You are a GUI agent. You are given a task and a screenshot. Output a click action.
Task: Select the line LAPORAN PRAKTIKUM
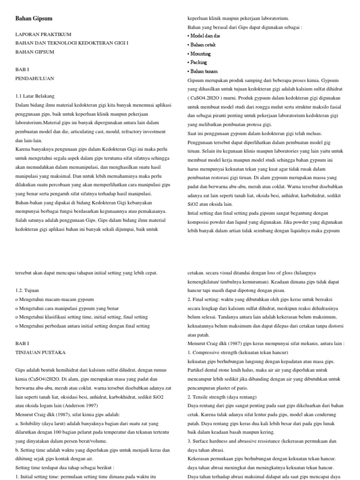[43, 34]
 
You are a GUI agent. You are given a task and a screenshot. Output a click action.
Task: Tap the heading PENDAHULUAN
[35, 78]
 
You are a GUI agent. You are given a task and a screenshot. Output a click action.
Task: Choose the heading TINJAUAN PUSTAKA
[40, 352]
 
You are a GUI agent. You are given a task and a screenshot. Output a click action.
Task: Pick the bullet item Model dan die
[204, 36]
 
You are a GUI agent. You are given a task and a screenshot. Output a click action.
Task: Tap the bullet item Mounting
[201, 54]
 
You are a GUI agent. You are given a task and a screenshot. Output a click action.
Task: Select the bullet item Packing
[199, 62]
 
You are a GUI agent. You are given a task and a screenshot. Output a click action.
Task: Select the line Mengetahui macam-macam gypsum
[56, 299]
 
